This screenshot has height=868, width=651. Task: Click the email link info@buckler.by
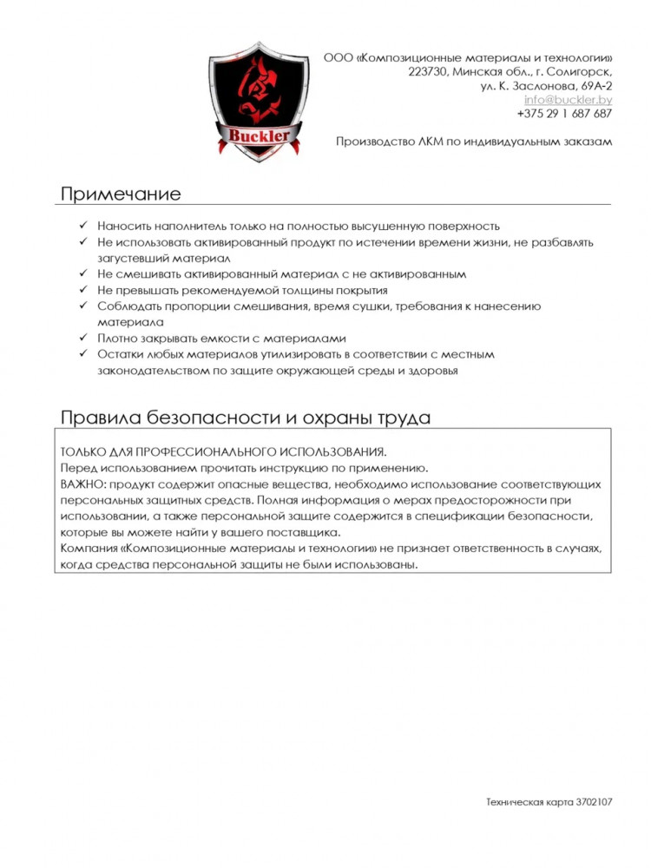(569, 100)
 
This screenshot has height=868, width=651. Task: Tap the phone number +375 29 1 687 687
(564, 114)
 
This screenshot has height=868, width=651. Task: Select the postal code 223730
(427, 72)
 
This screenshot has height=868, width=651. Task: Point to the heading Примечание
(121, 193)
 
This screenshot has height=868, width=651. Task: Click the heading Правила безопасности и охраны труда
(246, 418)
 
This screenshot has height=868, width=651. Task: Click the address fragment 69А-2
(596, 86)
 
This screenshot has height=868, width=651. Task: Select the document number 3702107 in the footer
(595, 803)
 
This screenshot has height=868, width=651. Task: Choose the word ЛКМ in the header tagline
(418, 141)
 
